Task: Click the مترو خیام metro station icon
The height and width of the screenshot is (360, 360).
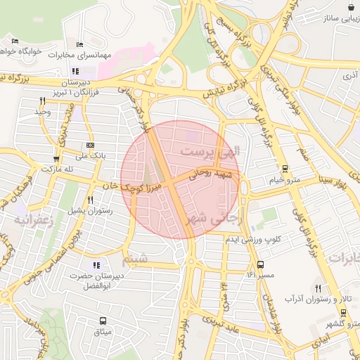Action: [x=285, y=169]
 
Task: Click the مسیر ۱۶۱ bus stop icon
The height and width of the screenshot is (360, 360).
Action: [x=261, y=265]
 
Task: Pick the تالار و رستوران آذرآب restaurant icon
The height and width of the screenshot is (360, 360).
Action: [x=318, y=288]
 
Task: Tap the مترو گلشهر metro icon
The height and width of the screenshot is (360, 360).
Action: [x=343, y=313]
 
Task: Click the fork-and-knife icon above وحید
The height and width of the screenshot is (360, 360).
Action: [x=42, y=101]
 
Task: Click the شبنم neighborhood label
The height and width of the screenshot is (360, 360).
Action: [x=136, y=260]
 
